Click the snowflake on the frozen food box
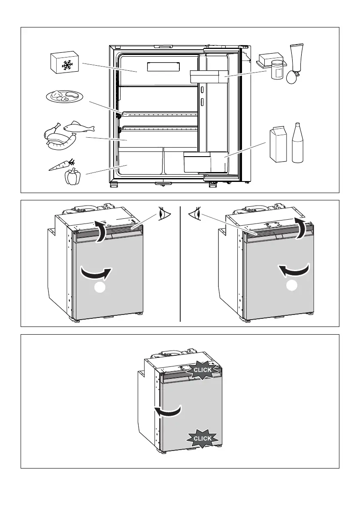67,66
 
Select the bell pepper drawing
73,176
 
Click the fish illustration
78,127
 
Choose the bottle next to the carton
298,143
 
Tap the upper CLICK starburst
202,370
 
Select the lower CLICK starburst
202,438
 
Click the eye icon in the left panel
163,214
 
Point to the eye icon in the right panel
195,213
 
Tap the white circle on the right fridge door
293,286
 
